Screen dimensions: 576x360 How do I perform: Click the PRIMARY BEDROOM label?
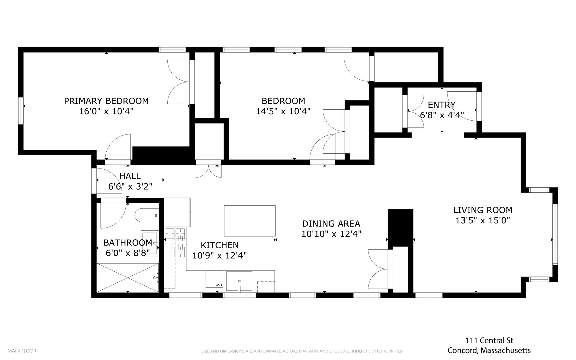106,101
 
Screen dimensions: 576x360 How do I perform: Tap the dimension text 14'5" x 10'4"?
283,111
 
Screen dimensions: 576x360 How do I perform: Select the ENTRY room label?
442,105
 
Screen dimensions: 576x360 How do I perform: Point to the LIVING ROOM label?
483,210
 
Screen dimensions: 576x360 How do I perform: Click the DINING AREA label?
331,224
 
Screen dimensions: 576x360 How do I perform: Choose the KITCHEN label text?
220,245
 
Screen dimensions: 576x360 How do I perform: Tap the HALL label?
130,176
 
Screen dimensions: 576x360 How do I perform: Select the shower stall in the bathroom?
128,278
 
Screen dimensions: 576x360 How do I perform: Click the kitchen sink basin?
239,281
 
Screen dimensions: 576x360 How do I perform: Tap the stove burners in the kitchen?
175,243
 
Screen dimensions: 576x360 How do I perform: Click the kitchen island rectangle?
250,221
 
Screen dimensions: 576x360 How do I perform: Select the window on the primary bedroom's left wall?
21,111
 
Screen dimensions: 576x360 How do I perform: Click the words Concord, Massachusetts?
489,351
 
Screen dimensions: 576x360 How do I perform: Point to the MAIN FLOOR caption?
22,351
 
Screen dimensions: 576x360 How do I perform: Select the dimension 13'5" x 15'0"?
483,220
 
